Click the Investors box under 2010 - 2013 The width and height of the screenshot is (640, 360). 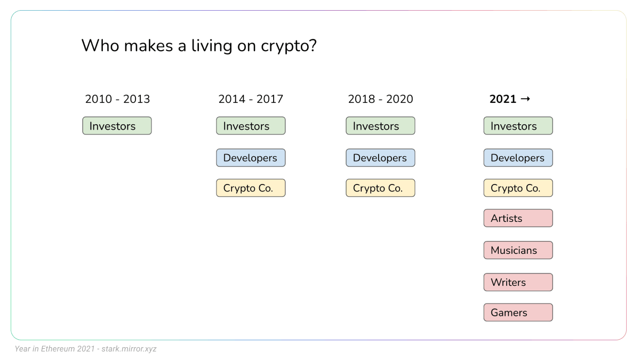117,126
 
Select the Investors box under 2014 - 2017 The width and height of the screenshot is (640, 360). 251,126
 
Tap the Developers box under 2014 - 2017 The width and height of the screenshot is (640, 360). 251,158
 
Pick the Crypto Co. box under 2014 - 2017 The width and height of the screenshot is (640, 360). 251,188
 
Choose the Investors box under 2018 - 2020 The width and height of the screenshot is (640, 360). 380,126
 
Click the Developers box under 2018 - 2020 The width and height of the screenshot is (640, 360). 380,158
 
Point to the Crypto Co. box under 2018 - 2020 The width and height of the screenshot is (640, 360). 380,188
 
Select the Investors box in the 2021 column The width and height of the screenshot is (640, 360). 518,126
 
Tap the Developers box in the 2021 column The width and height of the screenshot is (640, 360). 518,158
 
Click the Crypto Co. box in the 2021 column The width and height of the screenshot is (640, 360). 518,188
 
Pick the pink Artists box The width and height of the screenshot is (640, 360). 518,218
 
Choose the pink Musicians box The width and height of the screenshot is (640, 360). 518,250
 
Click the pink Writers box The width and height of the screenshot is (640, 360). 518,282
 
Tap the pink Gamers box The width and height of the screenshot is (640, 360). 518,313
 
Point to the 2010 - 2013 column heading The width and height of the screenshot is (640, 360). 117,99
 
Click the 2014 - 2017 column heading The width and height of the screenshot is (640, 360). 251,99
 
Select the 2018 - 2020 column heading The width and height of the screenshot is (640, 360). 380,99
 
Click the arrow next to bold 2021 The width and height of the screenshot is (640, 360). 525,99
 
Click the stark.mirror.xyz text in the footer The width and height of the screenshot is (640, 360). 129,349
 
